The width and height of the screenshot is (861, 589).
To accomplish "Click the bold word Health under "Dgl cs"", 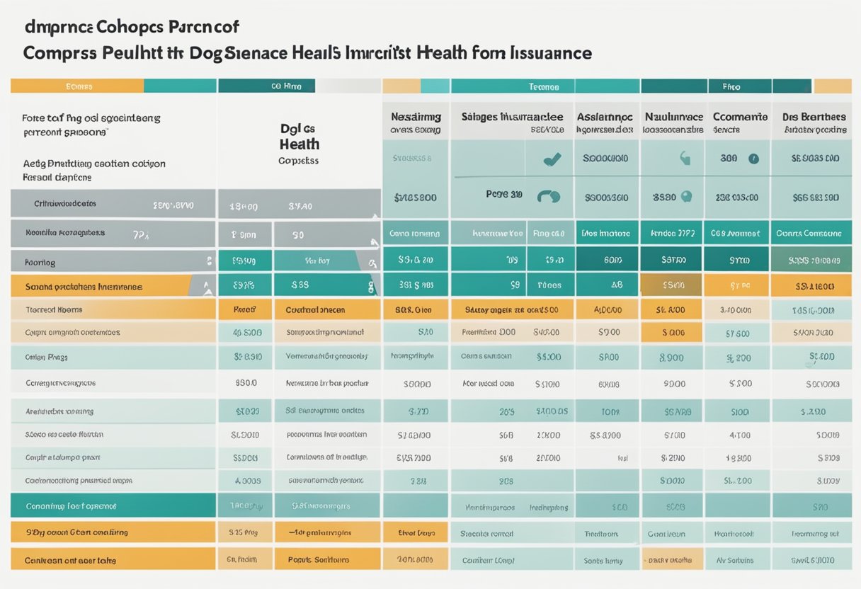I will (x=299, y=144).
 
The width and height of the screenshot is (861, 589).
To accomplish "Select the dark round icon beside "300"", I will (x=753, y=159).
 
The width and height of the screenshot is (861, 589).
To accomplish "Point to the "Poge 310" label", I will (x=504, y=194).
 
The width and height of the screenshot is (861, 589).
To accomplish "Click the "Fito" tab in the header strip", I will (x=731, y=86).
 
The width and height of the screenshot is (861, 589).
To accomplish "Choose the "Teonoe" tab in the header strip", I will (x=544, y=86).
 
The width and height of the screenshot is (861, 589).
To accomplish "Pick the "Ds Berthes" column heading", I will (x=814, y=117).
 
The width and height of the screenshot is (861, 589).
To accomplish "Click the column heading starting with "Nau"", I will (x=673, y=117).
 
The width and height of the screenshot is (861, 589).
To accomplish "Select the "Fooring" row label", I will (x=40, y=262).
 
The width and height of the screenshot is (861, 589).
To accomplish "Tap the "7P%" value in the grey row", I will (x=140, y=232).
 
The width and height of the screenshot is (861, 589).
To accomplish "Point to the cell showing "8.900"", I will (x=671, y=358).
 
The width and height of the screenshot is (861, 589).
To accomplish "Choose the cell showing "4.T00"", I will (x=739, y=435).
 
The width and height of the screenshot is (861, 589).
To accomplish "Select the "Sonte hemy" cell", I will (x=603, y=560).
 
